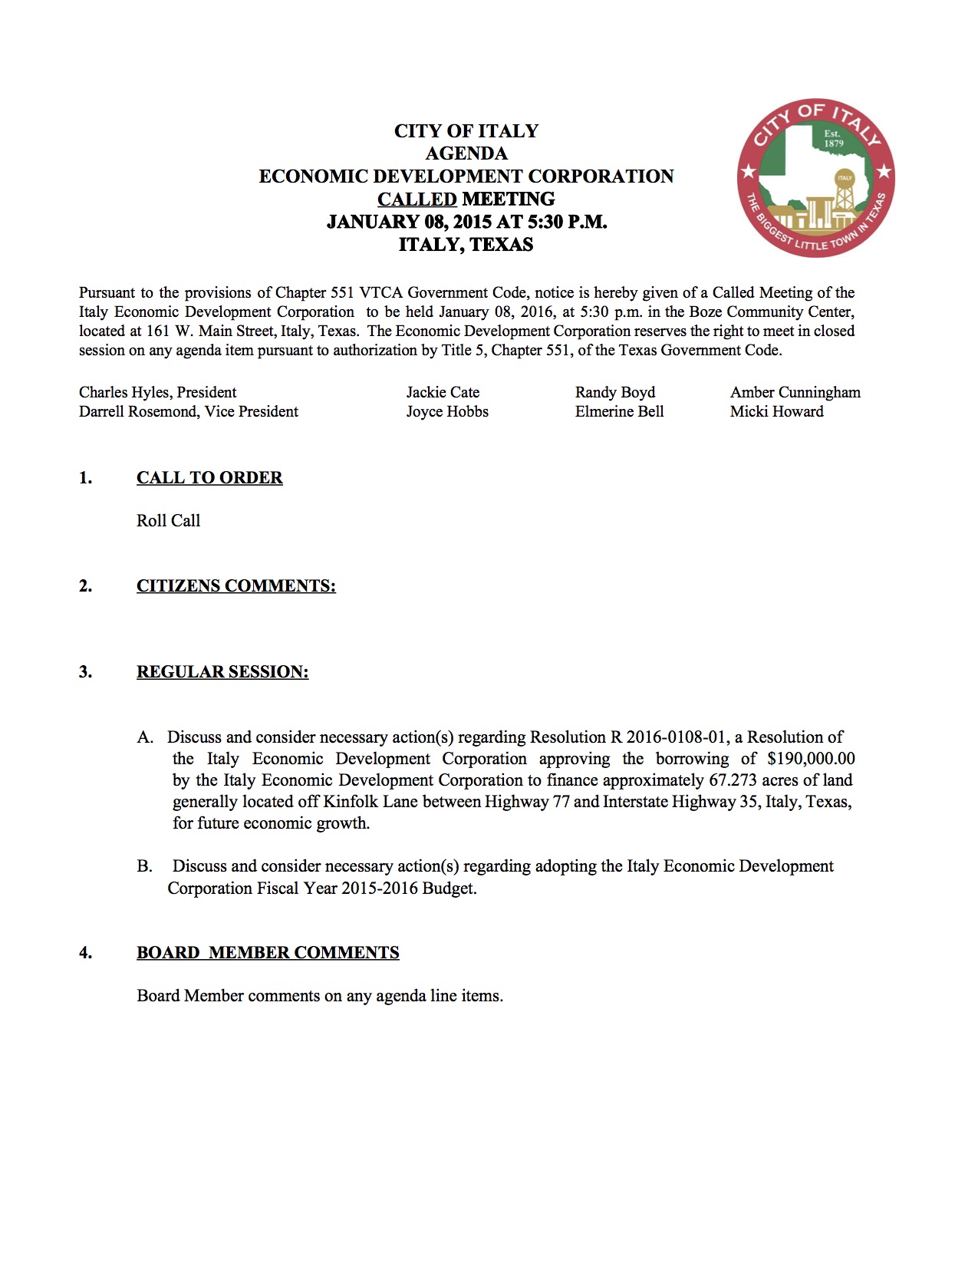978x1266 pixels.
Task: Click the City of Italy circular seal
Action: (815, 178)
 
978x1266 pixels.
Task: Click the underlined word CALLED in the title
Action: (417, 199)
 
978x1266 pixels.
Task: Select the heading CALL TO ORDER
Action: (209, 478)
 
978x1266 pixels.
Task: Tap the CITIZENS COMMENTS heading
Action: (235, 586)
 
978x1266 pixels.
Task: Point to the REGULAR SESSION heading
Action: (222, 672)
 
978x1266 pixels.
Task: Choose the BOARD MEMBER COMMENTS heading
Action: (268, 953)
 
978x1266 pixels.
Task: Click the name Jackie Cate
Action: (443, 392)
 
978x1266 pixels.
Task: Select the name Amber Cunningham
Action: (795, 392)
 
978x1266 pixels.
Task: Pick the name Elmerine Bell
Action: (619, 411)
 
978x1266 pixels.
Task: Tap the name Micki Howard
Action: (776, 411)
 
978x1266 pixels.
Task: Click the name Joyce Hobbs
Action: (447, 411)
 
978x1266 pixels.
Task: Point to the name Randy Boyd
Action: (614, 392)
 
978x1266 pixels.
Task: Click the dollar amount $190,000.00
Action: (811, 759)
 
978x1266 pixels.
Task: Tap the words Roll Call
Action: (168, 521)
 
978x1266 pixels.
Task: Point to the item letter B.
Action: (144, 866)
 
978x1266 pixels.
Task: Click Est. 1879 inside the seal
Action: (833, 139)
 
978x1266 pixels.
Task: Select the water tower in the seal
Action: (845, 192)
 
